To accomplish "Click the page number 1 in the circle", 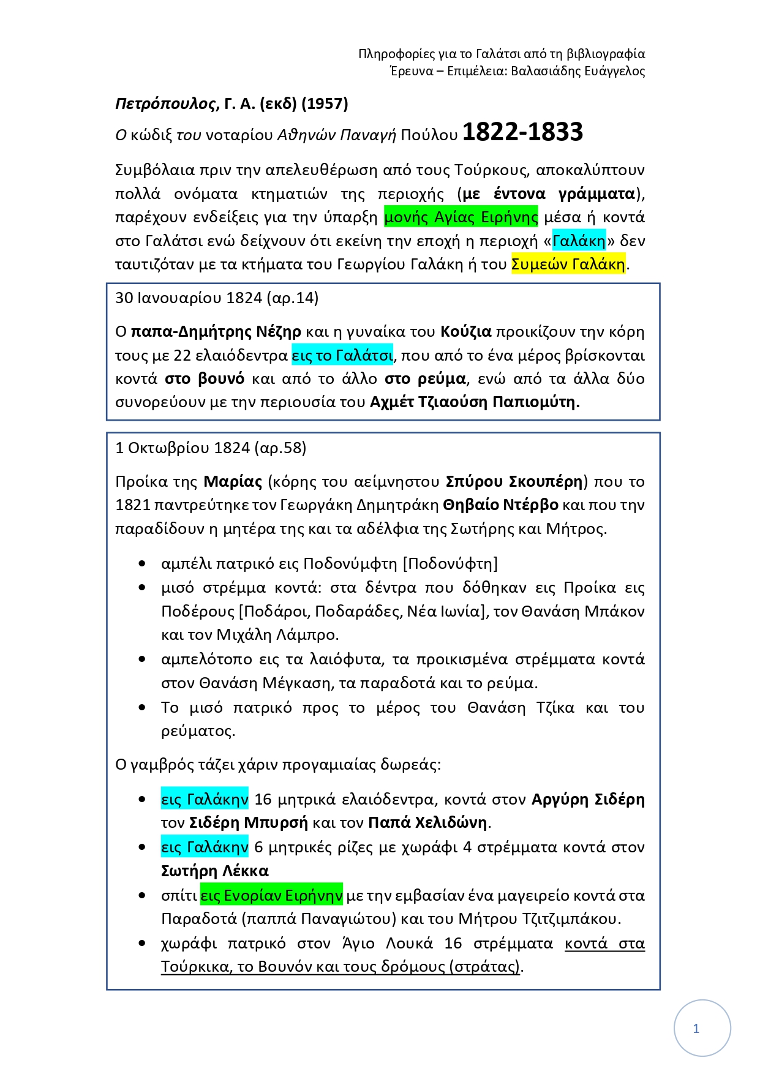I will [x=696, y=1029].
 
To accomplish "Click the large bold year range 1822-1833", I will [x=522, y=132].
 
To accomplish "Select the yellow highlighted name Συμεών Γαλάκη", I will [x=568, y=265].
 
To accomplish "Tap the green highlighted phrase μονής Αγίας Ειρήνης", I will [x=461, y=217].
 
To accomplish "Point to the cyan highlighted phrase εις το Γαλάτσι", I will [x=342, y=356].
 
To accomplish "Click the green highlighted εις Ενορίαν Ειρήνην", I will [x=271, y=895].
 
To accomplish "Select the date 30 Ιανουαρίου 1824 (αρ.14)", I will [x=217, y=298].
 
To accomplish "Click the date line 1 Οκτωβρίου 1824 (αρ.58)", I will [x=211, y=448].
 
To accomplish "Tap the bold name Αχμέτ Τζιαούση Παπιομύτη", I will [x=475, y=402].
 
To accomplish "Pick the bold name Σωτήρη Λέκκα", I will [x=214, y=871].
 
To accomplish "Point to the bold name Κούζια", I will [x=466, y=332].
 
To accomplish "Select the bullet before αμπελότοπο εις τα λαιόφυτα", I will [x=142, y=659].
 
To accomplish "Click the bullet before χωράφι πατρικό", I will [x=142, y=944].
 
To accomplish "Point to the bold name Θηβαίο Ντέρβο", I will [x=500, y=505].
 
